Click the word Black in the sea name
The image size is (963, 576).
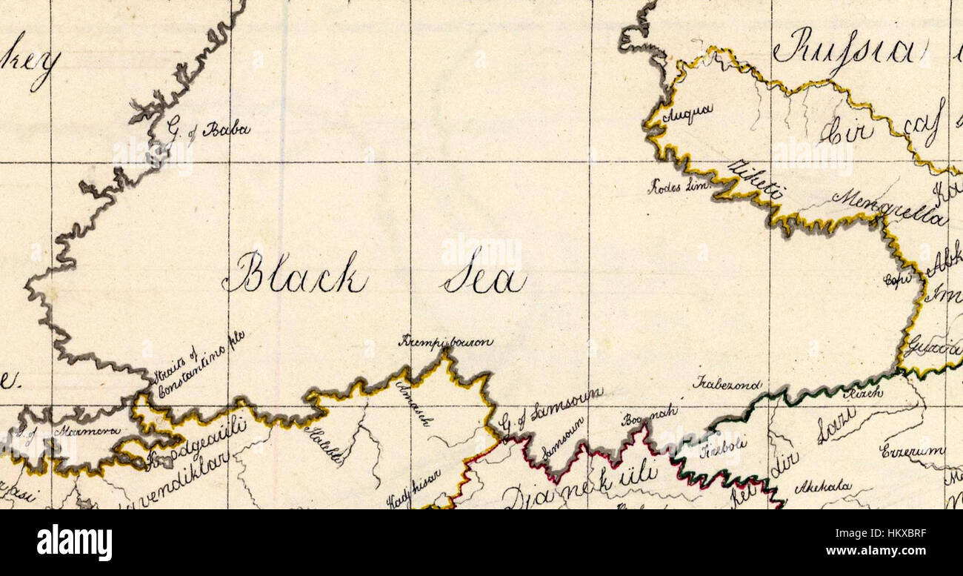[x=295, y=274]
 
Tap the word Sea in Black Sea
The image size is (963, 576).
[x=485, y=279]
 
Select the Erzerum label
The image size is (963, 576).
[x=912, y=451]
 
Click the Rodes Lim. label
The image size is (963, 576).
[x=679, y=186]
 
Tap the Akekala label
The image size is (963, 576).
[x=822, y=488]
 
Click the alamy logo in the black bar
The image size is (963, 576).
[x=74, y=543]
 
